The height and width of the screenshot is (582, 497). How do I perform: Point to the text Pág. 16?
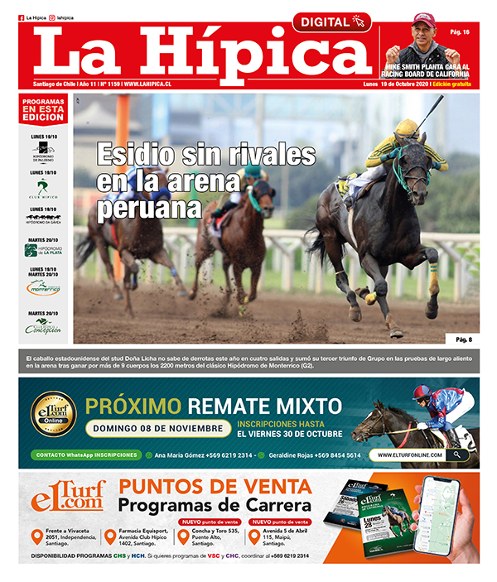point(460,32)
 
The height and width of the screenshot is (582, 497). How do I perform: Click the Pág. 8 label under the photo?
point(463,339)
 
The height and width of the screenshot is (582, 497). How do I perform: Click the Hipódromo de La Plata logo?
point(42,251)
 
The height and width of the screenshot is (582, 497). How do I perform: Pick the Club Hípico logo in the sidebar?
point(42,188)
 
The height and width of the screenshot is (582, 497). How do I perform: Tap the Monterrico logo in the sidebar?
point(42,286)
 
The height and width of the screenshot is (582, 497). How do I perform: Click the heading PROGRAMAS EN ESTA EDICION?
point(43,108)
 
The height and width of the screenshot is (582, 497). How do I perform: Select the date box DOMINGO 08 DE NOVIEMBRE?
point(158,428)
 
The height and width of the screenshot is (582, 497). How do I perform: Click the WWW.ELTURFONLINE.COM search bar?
point(419,455)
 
